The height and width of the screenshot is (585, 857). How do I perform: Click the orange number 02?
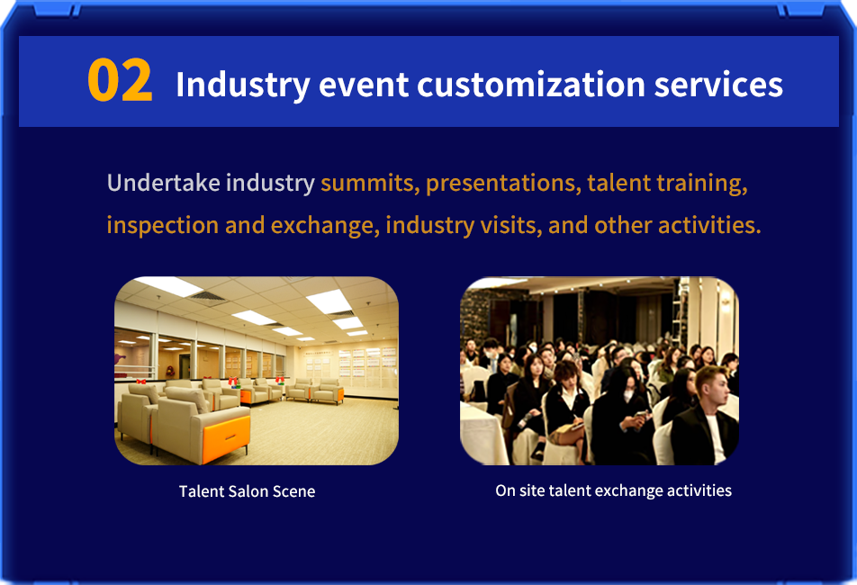tap(120, 80)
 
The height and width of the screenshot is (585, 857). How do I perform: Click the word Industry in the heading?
tap(243, 85)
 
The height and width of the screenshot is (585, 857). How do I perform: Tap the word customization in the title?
tap(531, 85)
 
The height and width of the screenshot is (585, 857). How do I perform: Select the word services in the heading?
tap(718, 85)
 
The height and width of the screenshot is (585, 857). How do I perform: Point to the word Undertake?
tap(164, 183)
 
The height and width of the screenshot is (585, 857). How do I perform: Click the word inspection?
tap(163, 225)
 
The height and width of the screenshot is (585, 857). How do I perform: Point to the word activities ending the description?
tap(709, 225)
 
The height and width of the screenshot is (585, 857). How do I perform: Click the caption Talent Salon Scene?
tap(247, 491)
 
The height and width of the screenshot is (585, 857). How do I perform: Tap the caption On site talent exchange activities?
tap(613, 490)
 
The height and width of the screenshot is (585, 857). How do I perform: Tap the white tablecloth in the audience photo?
tap(481, 433)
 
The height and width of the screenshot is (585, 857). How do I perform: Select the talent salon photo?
tap(257, 371)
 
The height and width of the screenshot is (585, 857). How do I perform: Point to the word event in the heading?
tap(364, 85)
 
